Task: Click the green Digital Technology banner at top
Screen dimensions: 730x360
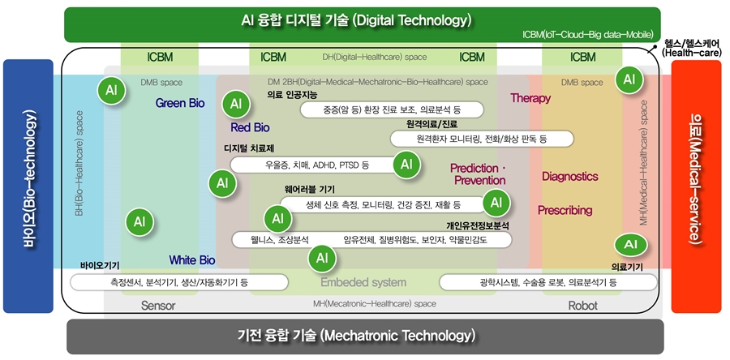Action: click(x=363, y=24)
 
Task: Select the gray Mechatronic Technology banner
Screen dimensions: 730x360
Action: click(x=365, y=336)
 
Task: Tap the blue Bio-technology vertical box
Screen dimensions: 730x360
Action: click(x=28, y=186)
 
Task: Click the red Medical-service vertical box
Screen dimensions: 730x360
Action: click(x=697, y=186)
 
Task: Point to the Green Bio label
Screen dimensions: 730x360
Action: click(x=180, y=103)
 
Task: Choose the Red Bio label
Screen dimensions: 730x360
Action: click(x=250, y=127)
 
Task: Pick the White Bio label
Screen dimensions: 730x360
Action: click(x=191, y=259)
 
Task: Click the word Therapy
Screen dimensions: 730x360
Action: click(x=530, y=98)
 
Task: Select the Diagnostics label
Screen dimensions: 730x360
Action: click(x=570, y=176)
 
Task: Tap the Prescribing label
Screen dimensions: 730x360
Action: click(x=565, y=210)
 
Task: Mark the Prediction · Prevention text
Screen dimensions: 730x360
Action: click(x=479, y=174)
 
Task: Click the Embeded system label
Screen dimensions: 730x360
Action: click(x=363, y=282)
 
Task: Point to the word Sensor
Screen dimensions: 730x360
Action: click(x=158, y=306)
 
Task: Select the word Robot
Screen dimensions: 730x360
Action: click(x=583, y=306)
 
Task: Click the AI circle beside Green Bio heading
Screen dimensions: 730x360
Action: click(x=111, y=90)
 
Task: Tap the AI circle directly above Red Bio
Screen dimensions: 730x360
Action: click(x=237, y=104)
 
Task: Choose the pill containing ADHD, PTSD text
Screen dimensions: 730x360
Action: click(x=310, y=165)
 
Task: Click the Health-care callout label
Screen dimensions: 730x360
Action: click(x=692, y=48)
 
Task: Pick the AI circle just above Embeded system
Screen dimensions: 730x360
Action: click(x=322, y=257)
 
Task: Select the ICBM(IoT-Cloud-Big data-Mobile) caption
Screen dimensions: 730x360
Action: click(x=587, y=34)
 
